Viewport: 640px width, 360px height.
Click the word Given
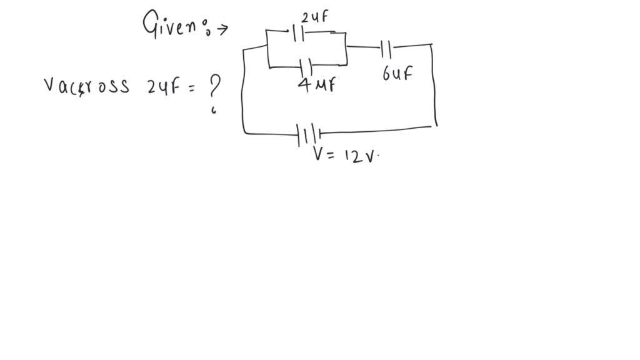[172, 26]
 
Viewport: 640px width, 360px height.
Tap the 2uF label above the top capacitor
[314, 18]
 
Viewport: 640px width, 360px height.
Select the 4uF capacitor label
[316, 85]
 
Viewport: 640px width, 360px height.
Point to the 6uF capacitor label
[397, 74]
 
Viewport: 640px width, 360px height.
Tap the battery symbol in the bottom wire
[308, 133]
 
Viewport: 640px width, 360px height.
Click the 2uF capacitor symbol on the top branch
[297, 32]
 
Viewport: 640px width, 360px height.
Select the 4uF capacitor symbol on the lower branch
[307, 65]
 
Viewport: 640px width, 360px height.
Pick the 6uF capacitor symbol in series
[386, 47]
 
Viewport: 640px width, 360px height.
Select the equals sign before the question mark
[191, 87]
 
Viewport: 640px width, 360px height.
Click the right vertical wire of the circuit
[434, 84]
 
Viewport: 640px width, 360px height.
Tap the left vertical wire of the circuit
[244, 91]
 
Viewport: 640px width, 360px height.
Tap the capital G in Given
[152, 26]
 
